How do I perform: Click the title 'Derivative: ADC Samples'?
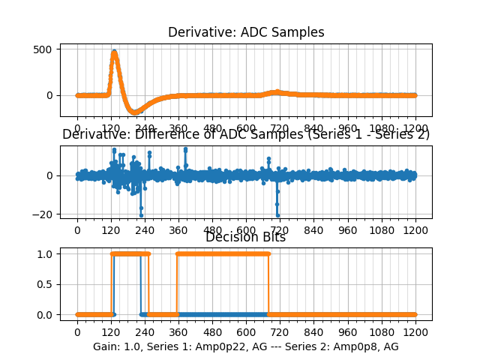point(246,32)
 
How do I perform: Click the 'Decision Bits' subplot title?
point(245,237)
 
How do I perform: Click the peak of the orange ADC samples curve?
point(114,52)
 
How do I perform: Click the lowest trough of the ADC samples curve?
point(136,112)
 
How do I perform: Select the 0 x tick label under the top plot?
point(76,128)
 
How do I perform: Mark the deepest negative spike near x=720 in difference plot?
point(277,215)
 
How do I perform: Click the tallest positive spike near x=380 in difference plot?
point(185,148)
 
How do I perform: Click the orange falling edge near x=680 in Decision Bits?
point(268,283)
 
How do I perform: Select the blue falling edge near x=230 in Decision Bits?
point(141,283)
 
